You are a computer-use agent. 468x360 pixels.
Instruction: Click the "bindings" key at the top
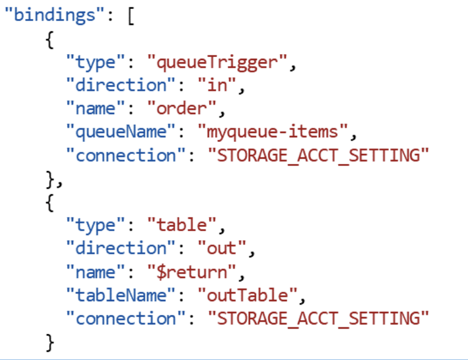tap(50, 15)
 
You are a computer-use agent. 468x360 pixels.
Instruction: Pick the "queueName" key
tap(126, 131)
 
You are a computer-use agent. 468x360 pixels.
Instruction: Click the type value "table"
tap(181, 225)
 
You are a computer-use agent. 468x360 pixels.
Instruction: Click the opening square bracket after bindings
tap(131, 15)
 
